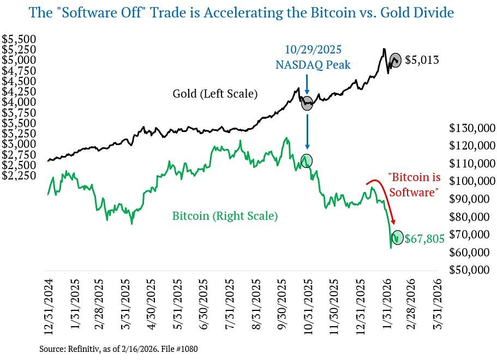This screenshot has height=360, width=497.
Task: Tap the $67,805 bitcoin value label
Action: (424, 238)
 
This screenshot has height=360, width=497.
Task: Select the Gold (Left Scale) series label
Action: (214, 94)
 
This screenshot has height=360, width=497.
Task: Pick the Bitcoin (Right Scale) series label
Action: (225, 216)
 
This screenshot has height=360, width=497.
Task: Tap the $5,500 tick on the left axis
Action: (19, 39)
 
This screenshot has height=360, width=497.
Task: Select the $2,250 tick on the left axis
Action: (19, 176)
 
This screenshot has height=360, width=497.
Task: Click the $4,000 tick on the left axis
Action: (19, 102)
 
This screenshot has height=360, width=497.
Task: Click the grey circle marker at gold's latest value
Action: (396, 59)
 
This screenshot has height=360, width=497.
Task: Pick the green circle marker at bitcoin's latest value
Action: (397, 238)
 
